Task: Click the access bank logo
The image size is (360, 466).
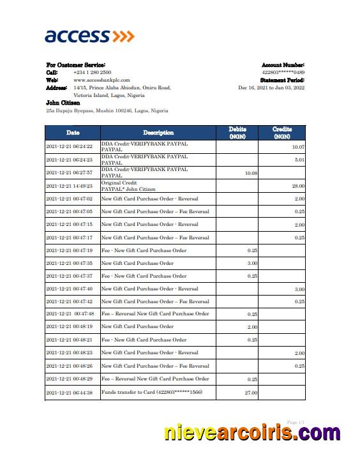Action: (89, 36)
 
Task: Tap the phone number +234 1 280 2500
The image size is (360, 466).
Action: (93, 73)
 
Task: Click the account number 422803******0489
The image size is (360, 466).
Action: (283, 73)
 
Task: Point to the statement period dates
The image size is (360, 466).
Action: (271, 87)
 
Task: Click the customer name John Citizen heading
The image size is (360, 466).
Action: (63, 103)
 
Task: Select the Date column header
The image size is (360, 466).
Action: (73, 133)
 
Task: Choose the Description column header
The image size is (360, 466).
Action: (158, 133)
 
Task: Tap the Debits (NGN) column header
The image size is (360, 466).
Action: (237, 133)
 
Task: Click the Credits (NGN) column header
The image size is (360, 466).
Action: (282, 133)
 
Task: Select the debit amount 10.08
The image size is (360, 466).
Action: (251, 173)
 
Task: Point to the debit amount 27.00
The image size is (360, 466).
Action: (251, 393)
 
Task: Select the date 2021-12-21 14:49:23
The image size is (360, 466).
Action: (70, 186)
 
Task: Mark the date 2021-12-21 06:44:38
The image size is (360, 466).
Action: (70, 393)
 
